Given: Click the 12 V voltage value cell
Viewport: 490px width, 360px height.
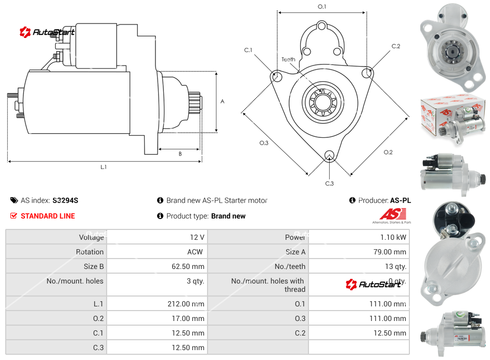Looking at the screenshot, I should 197,237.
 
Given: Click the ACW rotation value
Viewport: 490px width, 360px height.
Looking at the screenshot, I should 196,252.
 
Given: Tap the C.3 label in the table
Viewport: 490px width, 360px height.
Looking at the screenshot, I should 98,348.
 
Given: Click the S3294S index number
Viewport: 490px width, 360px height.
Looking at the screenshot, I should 65,200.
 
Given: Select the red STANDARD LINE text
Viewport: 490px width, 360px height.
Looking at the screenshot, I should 48,216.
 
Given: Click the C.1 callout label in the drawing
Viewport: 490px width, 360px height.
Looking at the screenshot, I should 248,50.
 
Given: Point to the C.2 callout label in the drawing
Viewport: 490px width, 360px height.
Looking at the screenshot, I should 396,46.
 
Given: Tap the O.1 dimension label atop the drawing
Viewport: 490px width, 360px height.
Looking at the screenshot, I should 322,7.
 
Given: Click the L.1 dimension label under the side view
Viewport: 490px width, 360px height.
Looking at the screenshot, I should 104,167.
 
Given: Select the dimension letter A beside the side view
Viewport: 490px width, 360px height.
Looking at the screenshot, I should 223,101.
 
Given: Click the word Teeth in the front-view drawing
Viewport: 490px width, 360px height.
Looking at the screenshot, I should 288,59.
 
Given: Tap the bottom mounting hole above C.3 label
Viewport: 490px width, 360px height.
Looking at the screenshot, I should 329,156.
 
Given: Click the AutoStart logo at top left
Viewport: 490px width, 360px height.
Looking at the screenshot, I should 47,32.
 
